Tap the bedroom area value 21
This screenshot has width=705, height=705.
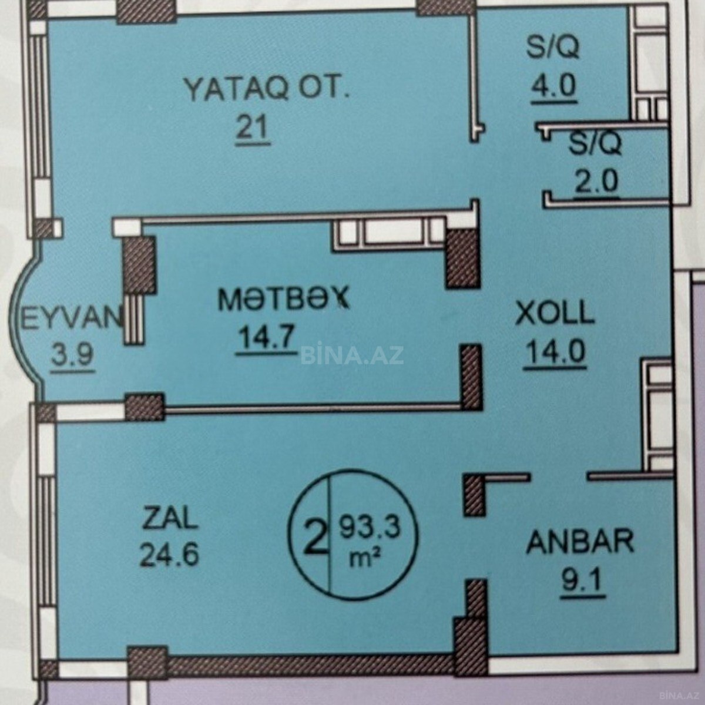tap(253, 127)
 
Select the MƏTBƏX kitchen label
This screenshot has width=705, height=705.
tap(283, 299)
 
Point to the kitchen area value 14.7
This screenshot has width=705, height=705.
tap(266, 338)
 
